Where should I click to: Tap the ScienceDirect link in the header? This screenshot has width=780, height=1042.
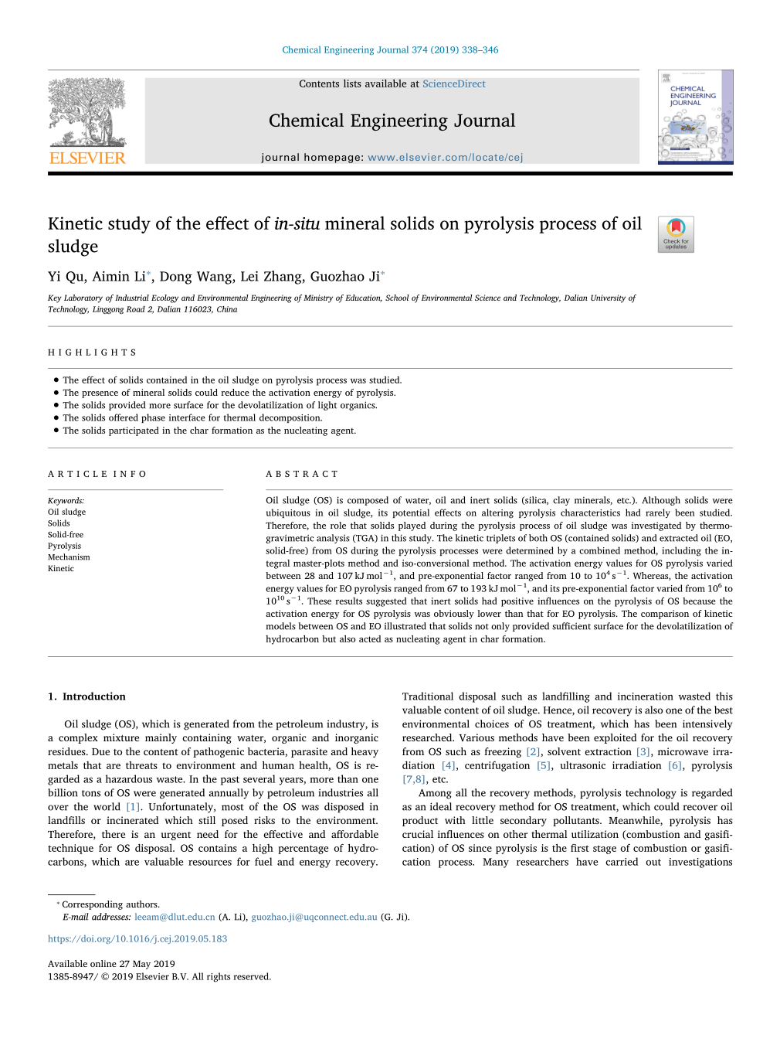click(x=454, y=84)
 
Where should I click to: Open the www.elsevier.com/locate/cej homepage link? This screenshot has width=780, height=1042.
click(x=445, y=158)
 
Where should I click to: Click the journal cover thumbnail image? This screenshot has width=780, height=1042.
click(x=695, y=117)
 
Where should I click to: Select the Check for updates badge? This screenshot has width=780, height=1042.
click(x=676, y=234)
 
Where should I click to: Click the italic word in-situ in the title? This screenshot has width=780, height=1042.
click(x=297, y=224)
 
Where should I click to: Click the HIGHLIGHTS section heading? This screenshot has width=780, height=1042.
click(x=92, y=352)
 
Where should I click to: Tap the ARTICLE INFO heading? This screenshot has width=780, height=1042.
click(x=97, y=475)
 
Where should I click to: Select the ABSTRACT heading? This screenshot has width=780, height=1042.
click(x=302, y=475)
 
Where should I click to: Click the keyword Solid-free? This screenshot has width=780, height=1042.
click(x=66, y=535)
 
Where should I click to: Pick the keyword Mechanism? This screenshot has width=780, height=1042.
click(x=69, y=557)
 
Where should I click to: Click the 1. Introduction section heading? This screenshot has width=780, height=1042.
click(x=86, y=696)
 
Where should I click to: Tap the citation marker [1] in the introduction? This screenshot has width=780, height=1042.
click(x=134, y=807)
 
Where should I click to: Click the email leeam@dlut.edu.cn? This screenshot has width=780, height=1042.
click(x=175, y=918)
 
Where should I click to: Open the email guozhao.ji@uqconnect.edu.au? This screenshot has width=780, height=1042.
click(x=314, y=918)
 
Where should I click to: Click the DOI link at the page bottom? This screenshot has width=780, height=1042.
click(x=137, y=939)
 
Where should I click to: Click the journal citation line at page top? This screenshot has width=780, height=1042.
click(x=390, y=50)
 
